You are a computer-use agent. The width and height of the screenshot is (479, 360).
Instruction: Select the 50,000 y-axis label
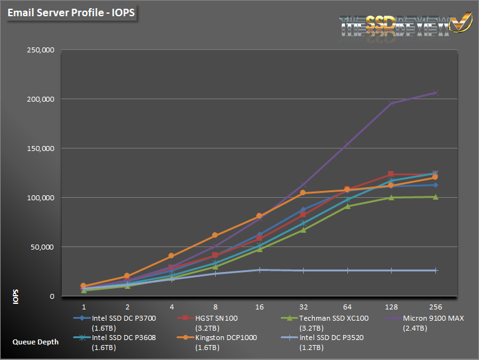[43, 247]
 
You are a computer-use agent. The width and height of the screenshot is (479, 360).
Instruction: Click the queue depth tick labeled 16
[259, 308]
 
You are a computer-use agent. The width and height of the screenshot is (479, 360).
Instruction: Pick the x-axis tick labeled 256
[435, 308]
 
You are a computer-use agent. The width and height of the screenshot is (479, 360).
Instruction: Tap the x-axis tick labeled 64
[347, 308]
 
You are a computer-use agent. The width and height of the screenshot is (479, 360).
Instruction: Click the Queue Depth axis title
[35, 342]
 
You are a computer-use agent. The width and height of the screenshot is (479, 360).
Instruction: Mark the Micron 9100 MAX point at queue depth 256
[435, 92]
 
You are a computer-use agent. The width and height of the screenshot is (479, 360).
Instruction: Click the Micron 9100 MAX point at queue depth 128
[392, 104]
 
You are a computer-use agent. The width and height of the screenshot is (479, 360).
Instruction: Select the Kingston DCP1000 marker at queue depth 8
[215, 235]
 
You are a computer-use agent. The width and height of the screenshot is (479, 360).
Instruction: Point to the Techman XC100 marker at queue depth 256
[435, 197]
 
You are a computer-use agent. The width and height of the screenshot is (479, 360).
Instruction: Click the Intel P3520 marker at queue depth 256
[435, 270]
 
